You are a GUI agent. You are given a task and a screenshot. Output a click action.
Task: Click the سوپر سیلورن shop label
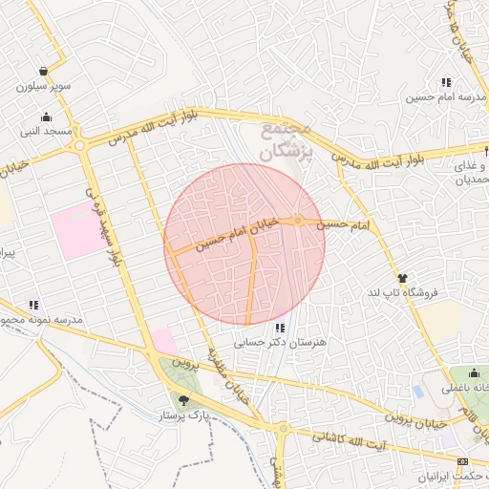tap(44, 87)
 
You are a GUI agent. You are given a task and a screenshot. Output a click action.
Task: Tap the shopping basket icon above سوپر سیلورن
tap(44, 72)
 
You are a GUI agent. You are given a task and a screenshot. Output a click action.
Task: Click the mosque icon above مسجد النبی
tap(46, 117)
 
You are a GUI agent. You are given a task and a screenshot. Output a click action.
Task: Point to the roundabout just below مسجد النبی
tap(79, 145)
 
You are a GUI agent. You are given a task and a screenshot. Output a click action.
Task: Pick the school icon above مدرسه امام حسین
tap(446, 82)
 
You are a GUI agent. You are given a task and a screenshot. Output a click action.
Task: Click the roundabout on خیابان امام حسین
tap(299, 222)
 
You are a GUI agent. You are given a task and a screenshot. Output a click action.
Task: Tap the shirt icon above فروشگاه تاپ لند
tap(401, 278)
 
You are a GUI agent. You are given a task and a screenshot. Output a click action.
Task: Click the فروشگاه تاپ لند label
tap(401, 292)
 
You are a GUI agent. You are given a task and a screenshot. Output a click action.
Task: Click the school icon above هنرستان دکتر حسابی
tap(279, 328)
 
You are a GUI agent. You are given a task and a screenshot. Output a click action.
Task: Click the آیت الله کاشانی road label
tap(353, 436)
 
